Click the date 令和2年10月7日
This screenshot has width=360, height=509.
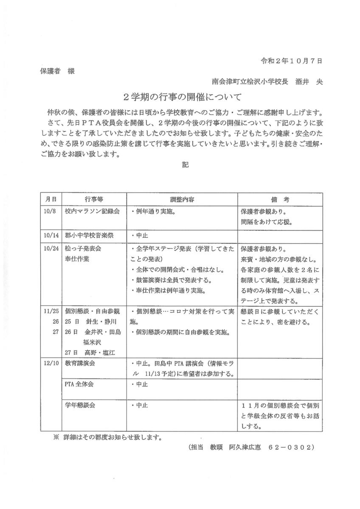(x=291, y=61)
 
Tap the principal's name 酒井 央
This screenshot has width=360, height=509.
(x=309, y=81)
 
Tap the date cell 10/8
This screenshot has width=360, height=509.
(x=50, y=211)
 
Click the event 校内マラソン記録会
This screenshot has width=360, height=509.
(x=93, y=211)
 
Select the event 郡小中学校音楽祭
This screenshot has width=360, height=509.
(x=93, y=235)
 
